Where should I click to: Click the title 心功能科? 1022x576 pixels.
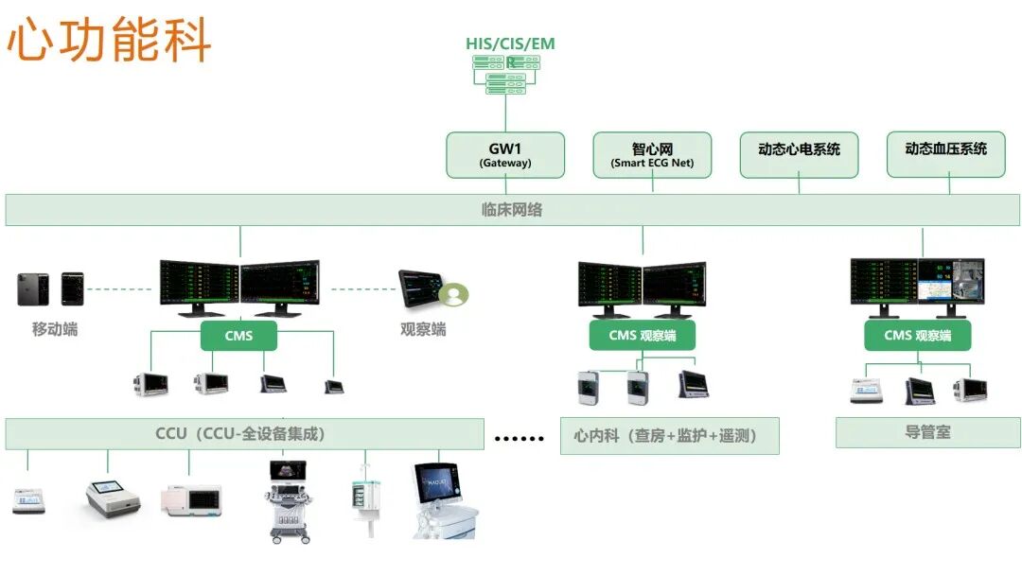click(109, 40)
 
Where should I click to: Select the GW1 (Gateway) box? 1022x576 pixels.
click(505, 155)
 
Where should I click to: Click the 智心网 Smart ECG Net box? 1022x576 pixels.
click(652, 155)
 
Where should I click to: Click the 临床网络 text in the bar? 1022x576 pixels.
click(512, 210)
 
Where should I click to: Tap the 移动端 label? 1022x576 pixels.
click(55, 330)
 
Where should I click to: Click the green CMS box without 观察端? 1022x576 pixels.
click(239, 336)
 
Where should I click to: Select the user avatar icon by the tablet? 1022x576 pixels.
click(455, 294)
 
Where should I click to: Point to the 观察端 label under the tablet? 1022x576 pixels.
click(423, 330)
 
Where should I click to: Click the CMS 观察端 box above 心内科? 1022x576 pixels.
click(643, 336)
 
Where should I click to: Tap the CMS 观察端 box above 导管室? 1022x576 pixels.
click(918, 336)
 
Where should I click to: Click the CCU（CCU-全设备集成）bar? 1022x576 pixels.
click(240, 434)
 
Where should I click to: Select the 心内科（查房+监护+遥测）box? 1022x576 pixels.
click(669, 436)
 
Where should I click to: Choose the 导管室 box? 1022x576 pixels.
click(927, 432)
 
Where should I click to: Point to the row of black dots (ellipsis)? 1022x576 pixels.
click(520, 438)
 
